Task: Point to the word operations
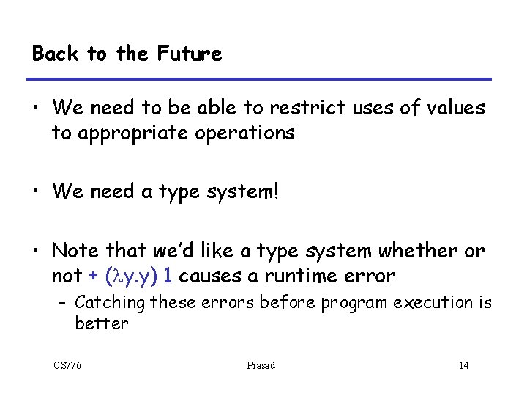pyautogui.click(x=242, y=133)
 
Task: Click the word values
pyautogui.click(x=452, y=109)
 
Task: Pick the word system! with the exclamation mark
pyautogui.click(x=246, y=193)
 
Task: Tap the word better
pyautogui.click(x=101, y=323)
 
